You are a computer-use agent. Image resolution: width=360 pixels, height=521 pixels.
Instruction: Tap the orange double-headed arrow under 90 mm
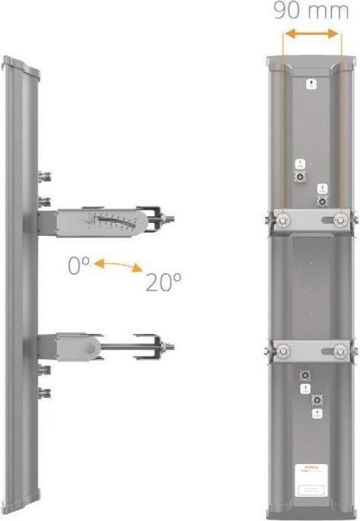click(x=310, y=35)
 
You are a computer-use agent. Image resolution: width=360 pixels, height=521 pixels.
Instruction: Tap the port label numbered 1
click(x=301, y=164)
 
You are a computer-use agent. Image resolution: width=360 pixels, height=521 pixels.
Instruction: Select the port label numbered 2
click(x=322, y=188)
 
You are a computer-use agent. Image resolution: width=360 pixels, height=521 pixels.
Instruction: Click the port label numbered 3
click(x=304, y=389)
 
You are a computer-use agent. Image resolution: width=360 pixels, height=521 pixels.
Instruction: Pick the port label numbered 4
click(x=317, y=413)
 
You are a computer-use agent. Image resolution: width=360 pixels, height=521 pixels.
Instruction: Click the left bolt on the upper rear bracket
click(x=282, y=220)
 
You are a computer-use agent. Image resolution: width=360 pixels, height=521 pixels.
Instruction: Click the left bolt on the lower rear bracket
click(x=282, y=351)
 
